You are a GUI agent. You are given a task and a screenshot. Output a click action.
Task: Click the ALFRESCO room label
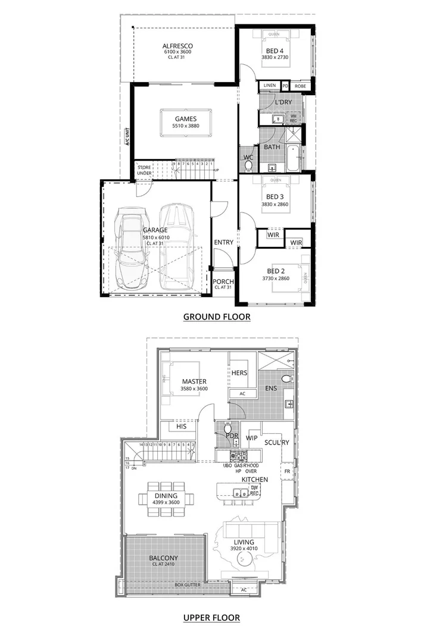(177, 46)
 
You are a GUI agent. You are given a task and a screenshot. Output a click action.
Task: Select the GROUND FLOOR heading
(216, 317)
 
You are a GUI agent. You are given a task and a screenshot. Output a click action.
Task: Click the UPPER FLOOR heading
(212, 618)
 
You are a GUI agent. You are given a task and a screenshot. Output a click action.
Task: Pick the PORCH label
(223, 281)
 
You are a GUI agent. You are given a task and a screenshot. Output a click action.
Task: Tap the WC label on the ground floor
(248, 158)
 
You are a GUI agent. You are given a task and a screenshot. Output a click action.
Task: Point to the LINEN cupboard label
(269, 86)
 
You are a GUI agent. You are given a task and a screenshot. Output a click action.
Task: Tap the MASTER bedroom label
(194, 381)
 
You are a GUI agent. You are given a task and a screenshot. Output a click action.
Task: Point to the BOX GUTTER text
(187, 585)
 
